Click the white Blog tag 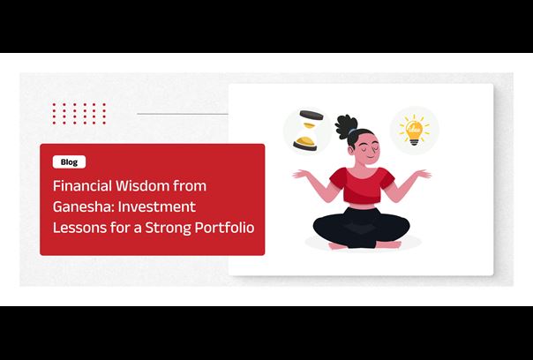[x=69, y=161]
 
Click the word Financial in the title [x=83, y=185]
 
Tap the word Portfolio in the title [x=224, y=227]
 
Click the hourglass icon [x=308, y=131]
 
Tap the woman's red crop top [x=362, y=184]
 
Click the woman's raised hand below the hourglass [x=301, y=174]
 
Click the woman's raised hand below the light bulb [x=423, y=174]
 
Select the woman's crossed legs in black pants [x=361, y=228]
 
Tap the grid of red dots [x=79, y=114]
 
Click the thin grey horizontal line [x=183, y=114]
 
